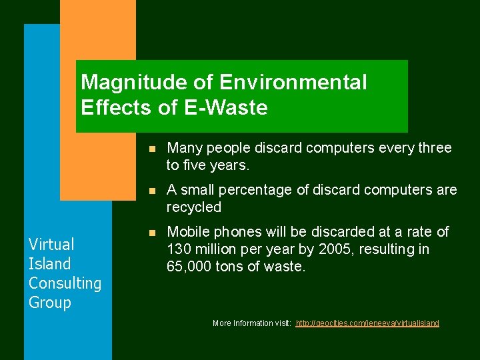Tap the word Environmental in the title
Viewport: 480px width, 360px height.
[x=293, y=83]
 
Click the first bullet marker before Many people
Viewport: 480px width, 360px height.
[x=152, y=149]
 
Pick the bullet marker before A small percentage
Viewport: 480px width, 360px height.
[x=152, y=191]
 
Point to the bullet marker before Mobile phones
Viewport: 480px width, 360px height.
[x=152, y=233]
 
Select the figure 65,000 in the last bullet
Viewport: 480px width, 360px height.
[x=189, y=267]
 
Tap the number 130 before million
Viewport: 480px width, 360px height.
[x=178, y=249]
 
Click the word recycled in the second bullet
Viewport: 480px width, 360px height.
[x=193, y=207]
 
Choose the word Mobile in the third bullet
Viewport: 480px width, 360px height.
[x=187, y=232]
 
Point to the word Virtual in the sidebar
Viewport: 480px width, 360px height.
[x=51, y=244]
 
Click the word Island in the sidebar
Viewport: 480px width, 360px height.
[x=49, y=263]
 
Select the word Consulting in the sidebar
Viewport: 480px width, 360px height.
[x=65, y=283]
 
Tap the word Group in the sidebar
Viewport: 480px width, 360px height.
[x=49, y=302]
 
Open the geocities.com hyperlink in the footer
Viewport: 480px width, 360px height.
[x=367, y=323]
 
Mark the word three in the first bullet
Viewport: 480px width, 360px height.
[x=433, y=148]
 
